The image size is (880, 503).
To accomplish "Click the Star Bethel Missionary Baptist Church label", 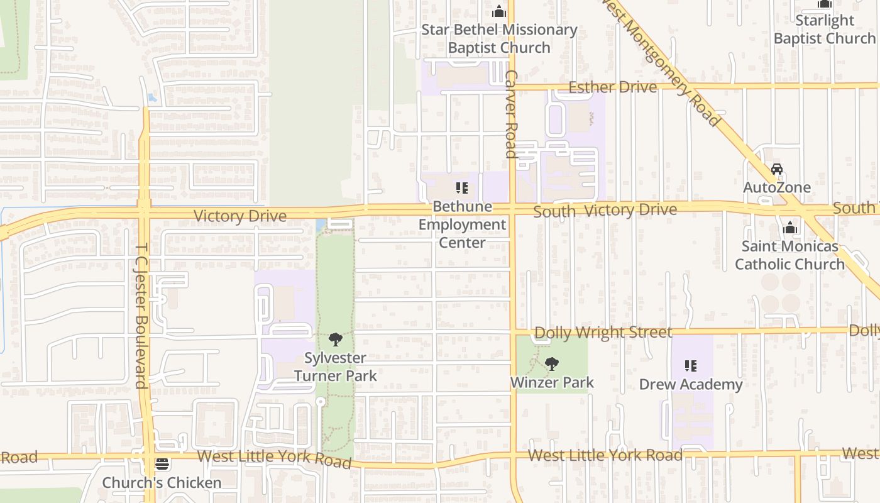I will (499, 38).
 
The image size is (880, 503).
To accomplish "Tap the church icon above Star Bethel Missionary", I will (499, 11).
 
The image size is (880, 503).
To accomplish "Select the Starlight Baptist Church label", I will (824, 30).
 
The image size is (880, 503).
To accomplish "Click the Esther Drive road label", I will (612, 87).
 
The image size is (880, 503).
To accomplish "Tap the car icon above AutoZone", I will (777, 169).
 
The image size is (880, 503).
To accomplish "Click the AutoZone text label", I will (777, 187).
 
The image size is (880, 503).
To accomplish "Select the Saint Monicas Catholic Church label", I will (789, 255).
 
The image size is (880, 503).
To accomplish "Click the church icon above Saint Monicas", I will (790, 228).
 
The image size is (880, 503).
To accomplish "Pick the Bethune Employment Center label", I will (462, 224).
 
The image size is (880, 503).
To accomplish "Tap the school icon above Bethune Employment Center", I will (462, 188).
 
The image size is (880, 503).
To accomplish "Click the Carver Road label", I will (510, 113).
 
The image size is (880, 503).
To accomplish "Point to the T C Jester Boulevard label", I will (141, 316).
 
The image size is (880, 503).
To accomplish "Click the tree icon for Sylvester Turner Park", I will (336, 340).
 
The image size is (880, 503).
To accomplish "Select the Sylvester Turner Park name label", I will (336, 367).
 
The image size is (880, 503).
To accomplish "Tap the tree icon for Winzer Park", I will (552, 363).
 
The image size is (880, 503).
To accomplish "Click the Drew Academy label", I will (691, 384).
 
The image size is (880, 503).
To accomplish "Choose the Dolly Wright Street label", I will (603, 332).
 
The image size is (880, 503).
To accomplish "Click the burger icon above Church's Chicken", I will (162, 465).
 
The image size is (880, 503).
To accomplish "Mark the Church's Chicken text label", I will (162, 483).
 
